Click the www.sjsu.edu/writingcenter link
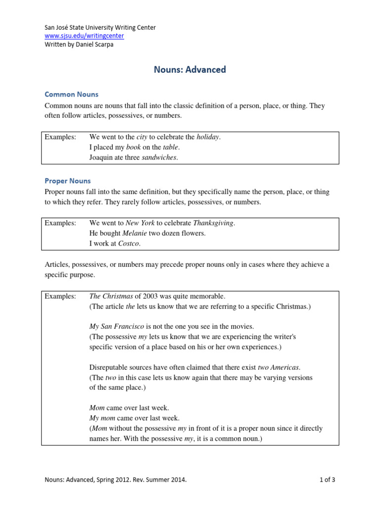[84, 36]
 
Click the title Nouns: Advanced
[190, 70]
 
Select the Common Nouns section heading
[71, 94]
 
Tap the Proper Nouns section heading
[68, 181]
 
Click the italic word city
[142, 137]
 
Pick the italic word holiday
[207, 137]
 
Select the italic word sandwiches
[159, 157]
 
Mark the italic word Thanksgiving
[213, 223]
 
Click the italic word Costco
[129, 243]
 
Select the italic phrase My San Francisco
[116, 326]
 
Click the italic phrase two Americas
[279, 367]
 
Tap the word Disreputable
[109, 367]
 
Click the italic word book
[134, 147]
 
